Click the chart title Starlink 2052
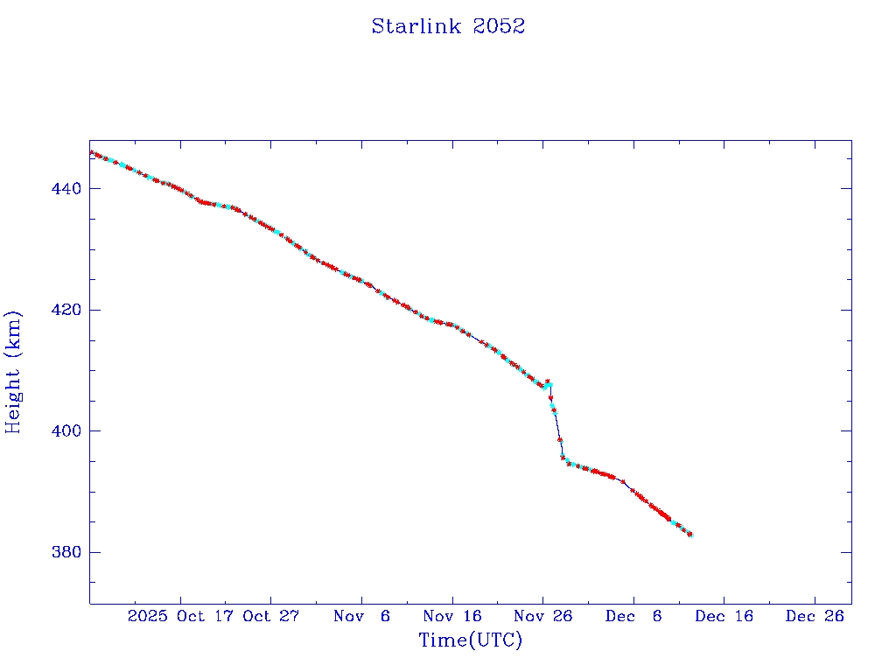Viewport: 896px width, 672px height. pos(448,26)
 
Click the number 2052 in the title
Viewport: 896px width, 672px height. pos(499,26)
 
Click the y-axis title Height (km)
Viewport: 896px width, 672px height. pos(14,372)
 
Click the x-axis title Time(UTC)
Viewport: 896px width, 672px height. pos(470,640)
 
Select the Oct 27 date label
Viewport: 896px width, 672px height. pos(271,616)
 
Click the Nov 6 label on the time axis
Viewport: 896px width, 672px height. pos(362,616)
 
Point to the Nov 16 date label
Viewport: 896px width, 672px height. pos(452,616)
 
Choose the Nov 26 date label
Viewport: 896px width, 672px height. pos(543,616)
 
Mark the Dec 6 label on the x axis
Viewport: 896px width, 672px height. pos(633,616)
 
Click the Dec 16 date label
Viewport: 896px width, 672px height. pos(724,616)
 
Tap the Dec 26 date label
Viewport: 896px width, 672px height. pos(815,616)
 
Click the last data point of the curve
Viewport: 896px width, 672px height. pos(690,535)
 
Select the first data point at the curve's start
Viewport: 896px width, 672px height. pos(91,153)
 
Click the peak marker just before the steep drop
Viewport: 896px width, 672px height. pos(548,381)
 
